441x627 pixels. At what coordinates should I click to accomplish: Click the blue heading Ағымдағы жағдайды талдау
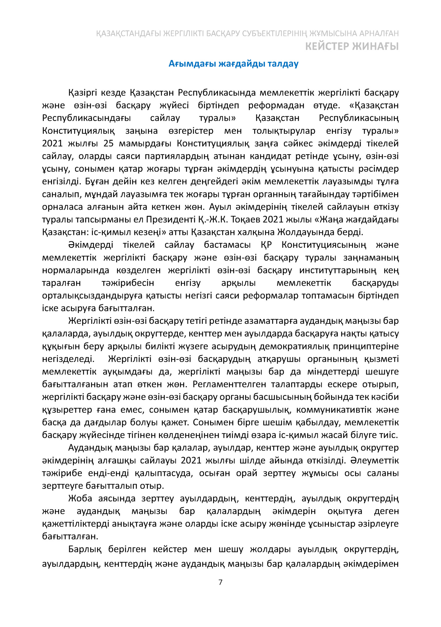coord(233,64)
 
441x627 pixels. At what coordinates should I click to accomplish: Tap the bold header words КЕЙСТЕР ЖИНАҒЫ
coord(352,46)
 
